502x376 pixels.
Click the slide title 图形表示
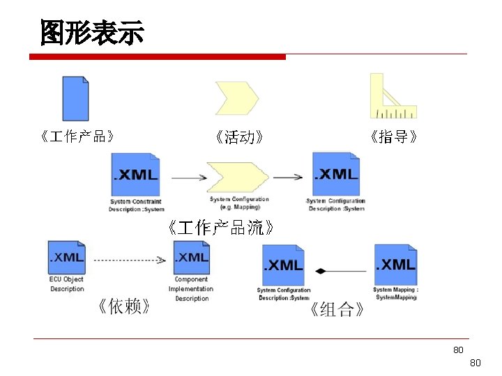click(91, 32)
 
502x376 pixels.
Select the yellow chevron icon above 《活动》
click(237, 97)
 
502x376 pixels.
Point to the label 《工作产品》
click(77, 136)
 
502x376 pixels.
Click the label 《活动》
click(239, 137)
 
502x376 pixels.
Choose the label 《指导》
click(395, 137)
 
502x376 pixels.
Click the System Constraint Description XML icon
click(136, 175)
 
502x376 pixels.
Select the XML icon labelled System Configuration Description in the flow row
click(336, 174)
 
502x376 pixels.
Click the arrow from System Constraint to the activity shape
click(188, 178)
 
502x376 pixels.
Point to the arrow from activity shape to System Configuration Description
click(287, 178)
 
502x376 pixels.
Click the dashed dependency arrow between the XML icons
click(130, 260)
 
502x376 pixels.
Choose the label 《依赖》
click(123, 307)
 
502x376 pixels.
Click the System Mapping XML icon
click(395, 265)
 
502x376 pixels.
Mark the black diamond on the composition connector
click(320, 270)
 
